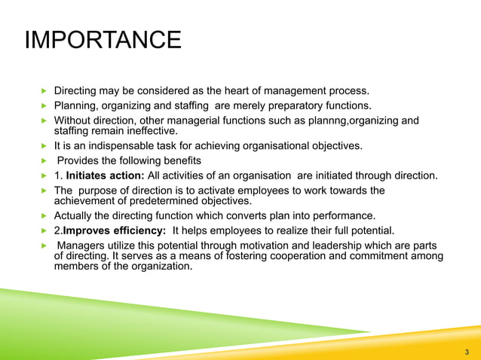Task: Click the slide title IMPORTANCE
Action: coord(103,40)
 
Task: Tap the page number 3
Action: coord(467,351)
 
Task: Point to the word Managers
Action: coord(81,246)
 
